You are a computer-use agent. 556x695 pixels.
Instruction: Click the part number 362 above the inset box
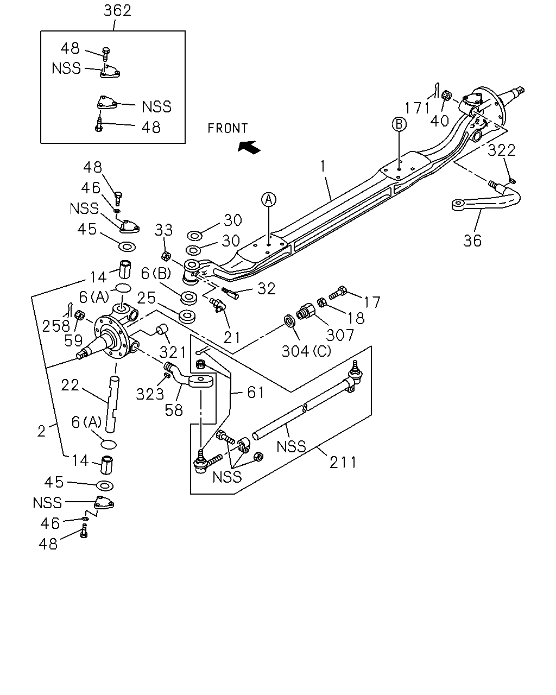(x=117, y=10)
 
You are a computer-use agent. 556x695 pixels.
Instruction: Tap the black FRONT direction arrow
(x=249, y=147)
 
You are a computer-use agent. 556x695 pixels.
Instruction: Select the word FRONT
(x=228, y=128)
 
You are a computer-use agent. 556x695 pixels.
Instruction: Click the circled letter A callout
(x=269, y=200)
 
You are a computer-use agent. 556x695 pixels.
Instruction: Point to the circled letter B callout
(x=399, y=124)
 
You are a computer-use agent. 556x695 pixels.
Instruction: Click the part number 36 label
(x=472, y=241)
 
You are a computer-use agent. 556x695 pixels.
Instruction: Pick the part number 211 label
(x=343, y=463)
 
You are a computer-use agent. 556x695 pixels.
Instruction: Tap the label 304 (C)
(x=306, y=351)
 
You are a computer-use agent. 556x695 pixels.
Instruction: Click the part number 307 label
(x=340, y=335)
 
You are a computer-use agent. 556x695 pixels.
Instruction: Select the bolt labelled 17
(x=338, y=292)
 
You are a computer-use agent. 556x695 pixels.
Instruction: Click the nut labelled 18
(x=321, y=302)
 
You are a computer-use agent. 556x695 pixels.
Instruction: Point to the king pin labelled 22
(x=112, y=403)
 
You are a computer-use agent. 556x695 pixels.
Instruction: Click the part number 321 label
(x=173, y=352)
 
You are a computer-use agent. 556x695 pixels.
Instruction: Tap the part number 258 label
(x=56, y=326)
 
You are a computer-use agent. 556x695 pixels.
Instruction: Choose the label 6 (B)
(x=156, y=274)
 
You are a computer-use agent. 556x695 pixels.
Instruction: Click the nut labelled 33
(x=166, y=256)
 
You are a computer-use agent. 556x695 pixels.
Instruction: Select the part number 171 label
(x=418, y=108)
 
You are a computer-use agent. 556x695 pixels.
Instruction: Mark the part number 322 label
(x=501, y=150)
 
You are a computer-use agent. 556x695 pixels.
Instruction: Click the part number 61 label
(x=256, y=393)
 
